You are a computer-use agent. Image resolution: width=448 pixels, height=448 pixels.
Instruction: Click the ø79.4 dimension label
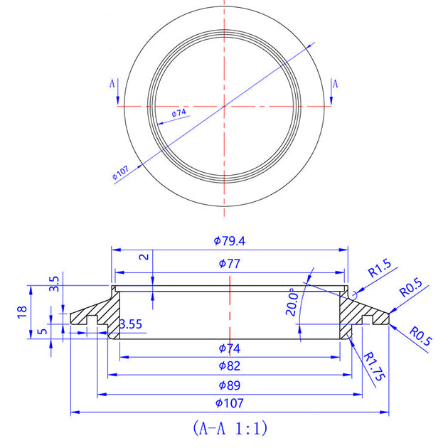coord(229,241)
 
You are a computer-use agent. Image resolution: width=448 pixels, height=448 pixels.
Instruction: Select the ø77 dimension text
coord(229,264)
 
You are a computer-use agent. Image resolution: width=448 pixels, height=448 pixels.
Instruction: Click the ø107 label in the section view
coord(229,403)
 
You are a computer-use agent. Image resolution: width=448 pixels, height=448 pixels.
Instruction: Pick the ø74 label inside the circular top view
coord(178,112)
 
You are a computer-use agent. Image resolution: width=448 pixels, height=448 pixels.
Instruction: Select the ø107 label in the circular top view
coord(119,173)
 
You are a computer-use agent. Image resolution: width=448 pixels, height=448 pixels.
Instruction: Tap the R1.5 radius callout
coord(379,271)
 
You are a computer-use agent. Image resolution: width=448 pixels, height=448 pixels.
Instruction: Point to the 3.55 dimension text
coord(130,324)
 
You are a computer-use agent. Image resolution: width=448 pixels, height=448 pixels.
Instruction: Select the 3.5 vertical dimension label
coord(54,284)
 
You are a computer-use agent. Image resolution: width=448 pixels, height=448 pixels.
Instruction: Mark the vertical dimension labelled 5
coord(43,331)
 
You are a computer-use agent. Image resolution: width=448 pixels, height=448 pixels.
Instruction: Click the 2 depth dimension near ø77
coord(145,257)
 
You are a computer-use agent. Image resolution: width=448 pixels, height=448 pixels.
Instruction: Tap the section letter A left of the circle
coord(112,84)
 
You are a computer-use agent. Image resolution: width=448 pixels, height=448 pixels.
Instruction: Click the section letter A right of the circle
coord(335,84)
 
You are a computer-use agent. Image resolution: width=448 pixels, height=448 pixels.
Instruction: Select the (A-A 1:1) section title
coord(229,428)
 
